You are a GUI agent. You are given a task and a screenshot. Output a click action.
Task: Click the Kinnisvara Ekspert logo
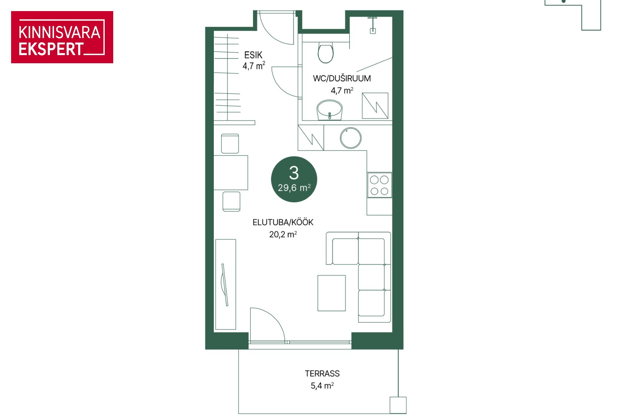[x=62, y=37]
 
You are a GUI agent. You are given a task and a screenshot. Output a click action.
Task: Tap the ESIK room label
[x=253, y=55]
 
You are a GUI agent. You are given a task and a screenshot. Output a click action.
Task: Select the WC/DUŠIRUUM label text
[x=342, y=78]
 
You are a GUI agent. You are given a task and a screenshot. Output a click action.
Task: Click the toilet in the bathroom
[x=326, y=53]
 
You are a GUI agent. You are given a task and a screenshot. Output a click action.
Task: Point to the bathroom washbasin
[x=329, y=110]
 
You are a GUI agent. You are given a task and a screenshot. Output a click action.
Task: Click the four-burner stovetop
[x=379, y=185]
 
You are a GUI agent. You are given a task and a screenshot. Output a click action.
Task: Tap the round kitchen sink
[x=351, y=138]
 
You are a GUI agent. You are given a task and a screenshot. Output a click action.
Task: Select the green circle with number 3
[x=294, y=179]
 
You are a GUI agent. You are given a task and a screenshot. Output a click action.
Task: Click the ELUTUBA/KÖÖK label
[x=283, y=222]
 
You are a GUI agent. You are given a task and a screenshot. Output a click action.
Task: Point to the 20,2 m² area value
[x=283, y=234]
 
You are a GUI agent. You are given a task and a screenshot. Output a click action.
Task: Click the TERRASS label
[x=322, y=374]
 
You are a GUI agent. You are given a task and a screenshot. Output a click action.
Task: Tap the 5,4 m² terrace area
[x=322, y=386]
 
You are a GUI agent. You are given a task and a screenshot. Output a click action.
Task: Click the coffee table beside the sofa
[x=332, y=293]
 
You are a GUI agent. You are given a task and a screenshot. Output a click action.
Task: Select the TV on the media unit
[x=224, y=284]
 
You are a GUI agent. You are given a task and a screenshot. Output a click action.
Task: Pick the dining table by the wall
[x=231, y=173]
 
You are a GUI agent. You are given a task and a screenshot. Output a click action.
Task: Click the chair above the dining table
[x=230, y=143]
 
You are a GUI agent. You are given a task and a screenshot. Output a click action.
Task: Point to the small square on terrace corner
[x=398, y=405]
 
